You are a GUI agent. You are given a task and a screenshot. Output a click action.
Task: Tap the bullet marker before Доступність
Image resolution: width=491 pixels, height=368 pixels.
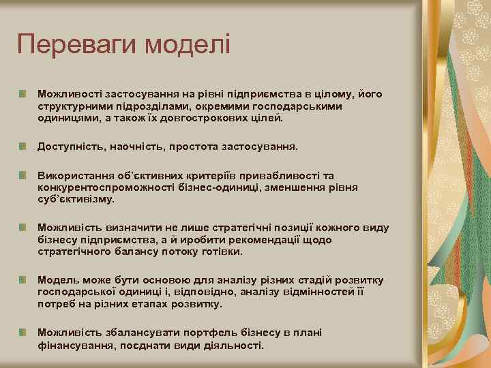(x=23, y=146)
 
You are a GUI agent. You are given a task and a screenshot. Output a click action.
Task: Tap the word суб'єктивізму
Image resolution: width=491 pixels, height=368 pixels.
(x=76, y=200)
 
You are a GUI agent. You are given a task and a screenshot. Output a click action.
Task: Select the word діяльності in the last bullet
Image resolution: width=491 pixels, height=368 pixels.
(x=230, y=346)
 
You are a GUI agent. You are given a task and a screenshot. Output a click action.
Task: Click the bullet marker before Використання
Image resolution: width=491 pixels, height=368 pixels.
(x=23, y=174)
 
